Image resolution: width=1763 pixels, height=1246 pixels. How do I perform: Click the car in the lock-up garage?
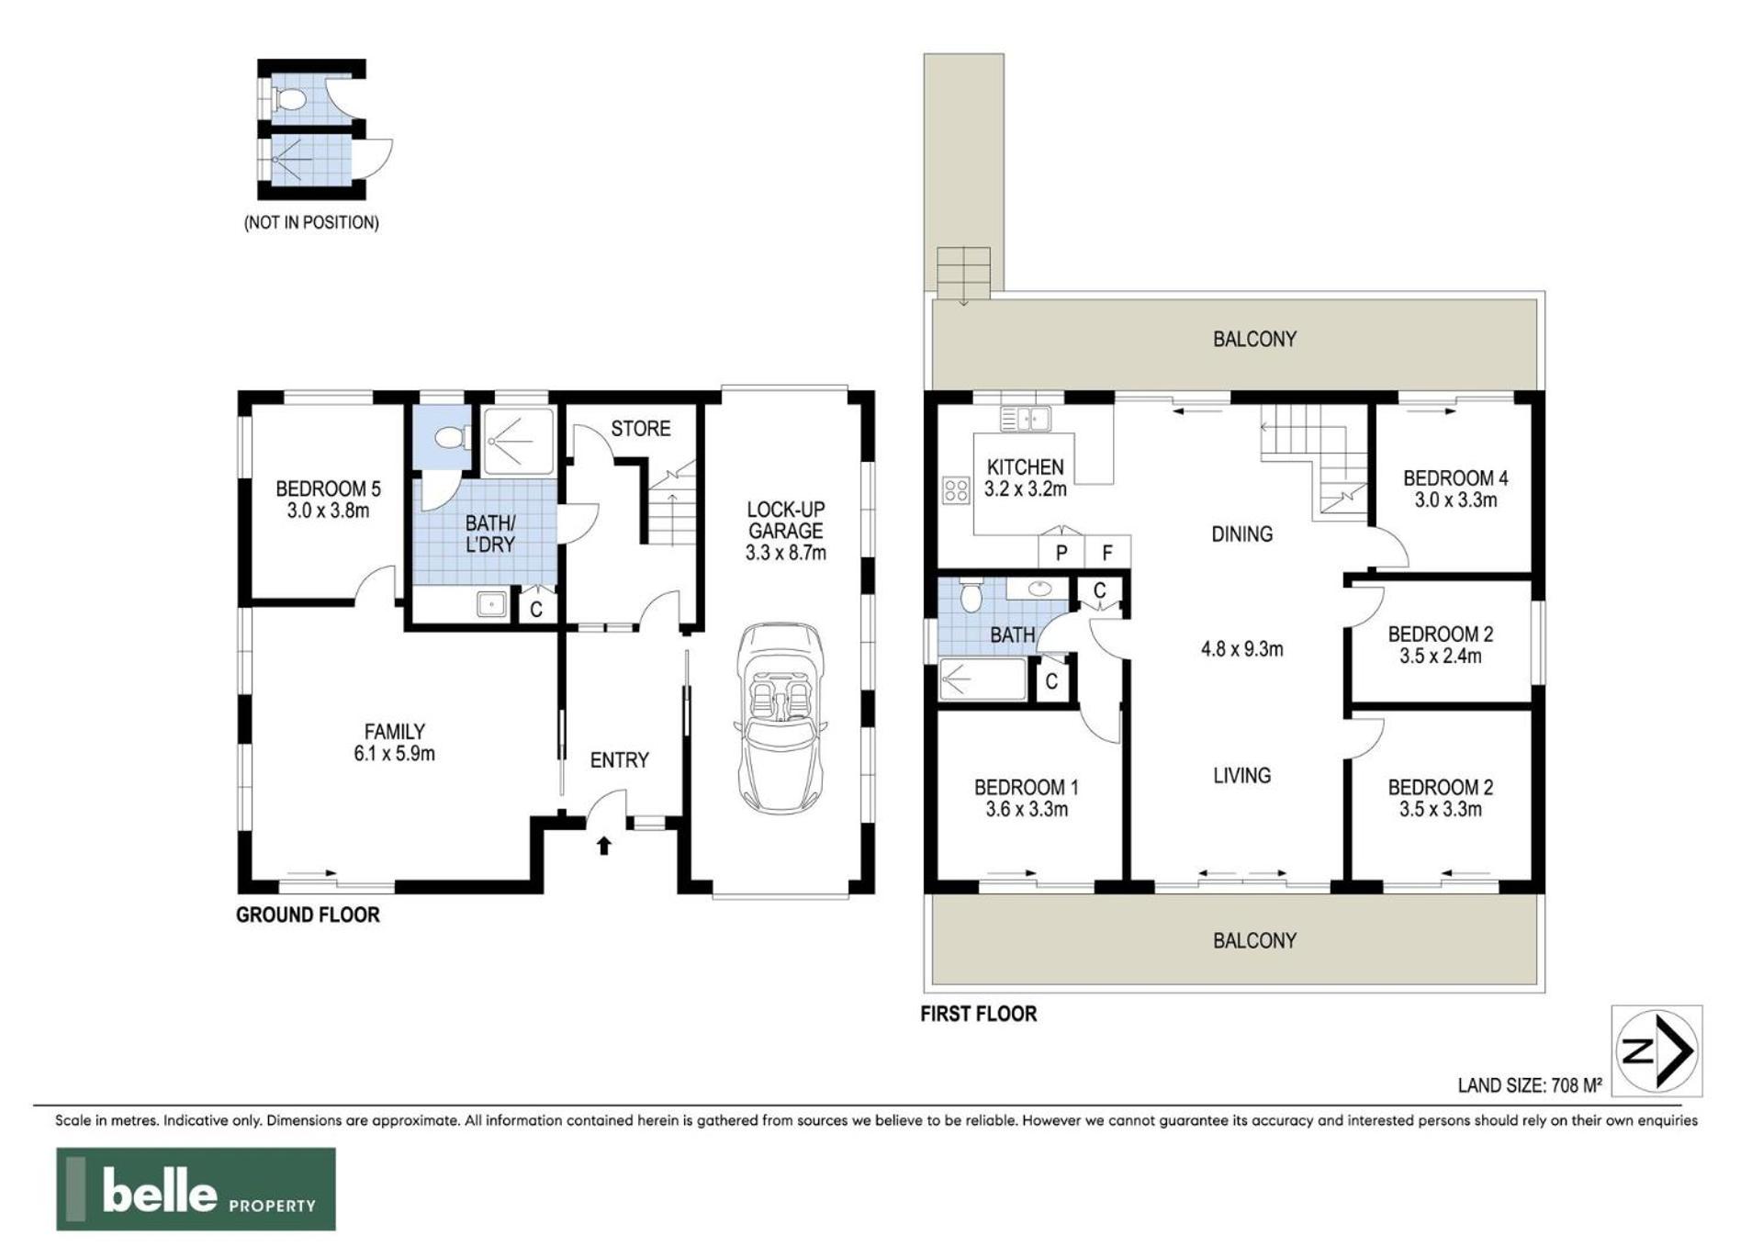[780, 719]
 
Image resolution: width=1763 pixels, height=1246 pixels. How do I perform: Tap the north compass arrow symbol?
[1656, 1050]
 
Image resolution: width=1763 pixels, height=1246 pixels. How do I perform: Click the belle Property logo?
[196, 1189]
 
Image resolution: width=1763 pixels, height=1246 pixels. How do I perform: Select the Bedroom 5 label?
[328, 488]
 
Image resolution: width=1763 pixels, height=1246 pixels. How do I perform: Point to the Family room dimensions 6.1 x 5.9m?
[394, 754]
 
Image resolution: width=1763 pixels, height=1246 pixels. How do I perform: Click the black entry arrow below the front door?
[604, 845]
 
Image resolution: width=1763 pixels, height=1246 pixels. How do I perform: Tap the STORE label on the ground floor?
[641, 429]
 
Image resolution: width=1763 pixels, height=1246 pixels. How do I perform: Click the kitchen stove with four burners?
[956, 490]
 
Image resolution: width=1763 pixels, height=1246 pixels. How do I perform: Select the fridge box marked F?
[1107, 552]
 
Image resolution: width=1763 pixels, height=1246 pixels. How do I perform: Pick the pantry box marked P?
[1061, 552]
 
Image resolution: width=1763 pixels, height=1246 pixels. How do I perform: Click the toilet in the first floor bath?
[970, 596]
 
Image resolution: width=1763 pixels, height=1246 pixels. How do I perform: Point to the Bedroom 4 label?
[1455, 477]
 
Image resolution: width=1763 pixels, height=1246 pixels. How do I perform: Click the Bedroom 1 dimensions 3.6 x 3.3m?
[1027, 810]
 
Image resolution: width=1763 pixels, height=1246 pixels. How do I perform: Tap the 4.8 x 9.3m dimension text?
[1241, 649]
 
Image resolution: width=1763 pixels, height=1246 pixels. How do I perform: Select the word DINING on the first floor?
[1241, 534]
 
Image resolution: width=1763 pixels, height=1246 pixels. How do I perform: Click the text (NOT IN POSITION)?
[311, 222]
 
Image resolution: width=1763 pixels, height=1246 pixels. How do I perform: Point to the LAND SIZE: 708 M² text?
[1530, 1085]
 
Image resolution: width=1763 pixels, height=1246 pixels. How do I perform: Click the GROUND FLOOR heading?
[308, 915]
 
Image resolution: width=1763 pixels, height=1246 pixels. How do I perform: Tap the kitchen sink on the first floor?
[1026, 420]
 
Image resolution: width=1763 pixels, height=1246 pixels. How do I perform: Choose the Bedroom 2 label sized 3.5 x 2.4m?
[1440, 645]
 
